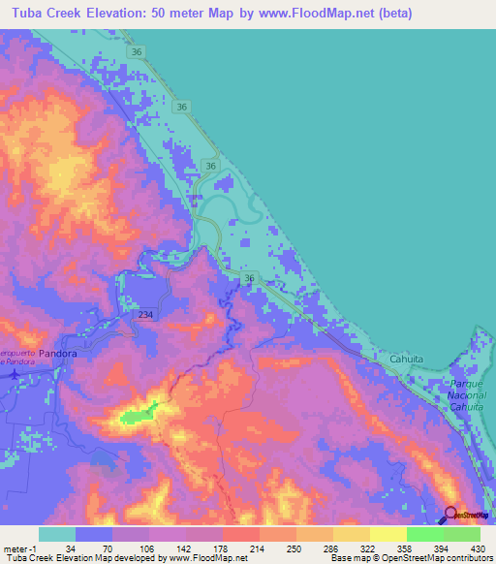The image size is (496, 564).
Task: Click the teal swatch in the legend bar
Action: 57,533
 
